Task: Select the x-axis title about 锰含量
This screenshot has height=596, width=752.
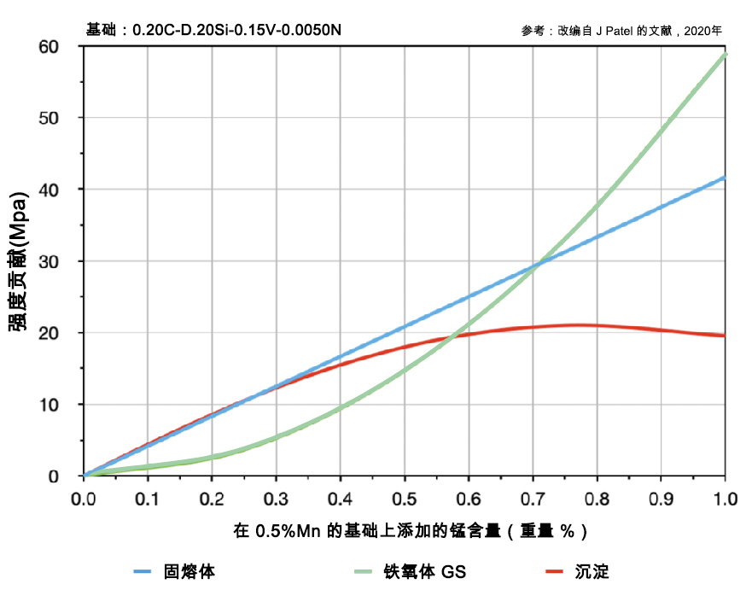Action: coord(410,531)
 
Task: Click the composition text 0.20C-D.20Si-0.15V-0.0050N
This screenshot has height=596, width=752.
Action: coord(236,31)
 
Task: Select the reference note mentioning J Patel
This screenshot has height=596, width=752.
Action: coord(621,31)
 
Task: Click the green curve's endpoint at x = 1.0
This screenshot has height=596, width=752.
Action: coord(725,55)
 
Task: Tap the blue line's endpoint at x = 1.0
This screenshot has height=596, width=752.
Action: coord(725,178)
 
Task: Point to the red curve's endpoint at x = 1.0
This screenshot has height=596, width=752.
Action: coord(725,336)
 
